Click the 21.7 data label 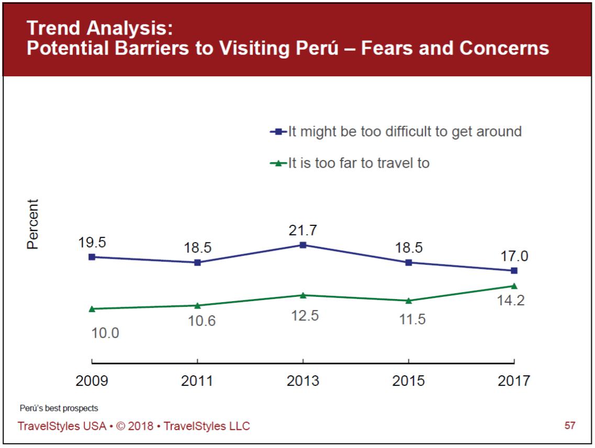(303, 231)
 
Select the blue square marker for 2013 (303, 245)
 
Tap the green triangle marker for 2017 (514, 286)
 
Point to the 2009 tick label (92, 381)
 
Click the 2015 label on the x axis (408, 381)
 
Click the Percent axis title (33, 224)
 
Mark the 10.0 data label (105, 333)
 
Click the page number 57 (570, 426)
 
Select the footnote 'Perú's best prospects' (59, 408)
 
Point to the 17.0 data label (514, 257)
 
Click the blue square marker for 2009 (92, 257)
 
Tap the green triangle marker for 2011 (197, 305)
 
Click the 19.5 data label (92, 243)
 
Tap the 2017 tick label (514, 381)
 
